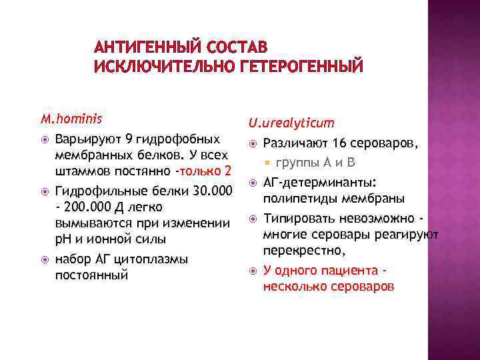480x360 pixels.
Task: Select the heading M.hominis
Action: [x=71, y=120]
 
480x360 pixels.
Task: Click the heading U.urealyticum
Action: [x=282, y=123]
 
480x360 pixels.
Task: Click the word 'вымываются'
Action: [x=90, y=223]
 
